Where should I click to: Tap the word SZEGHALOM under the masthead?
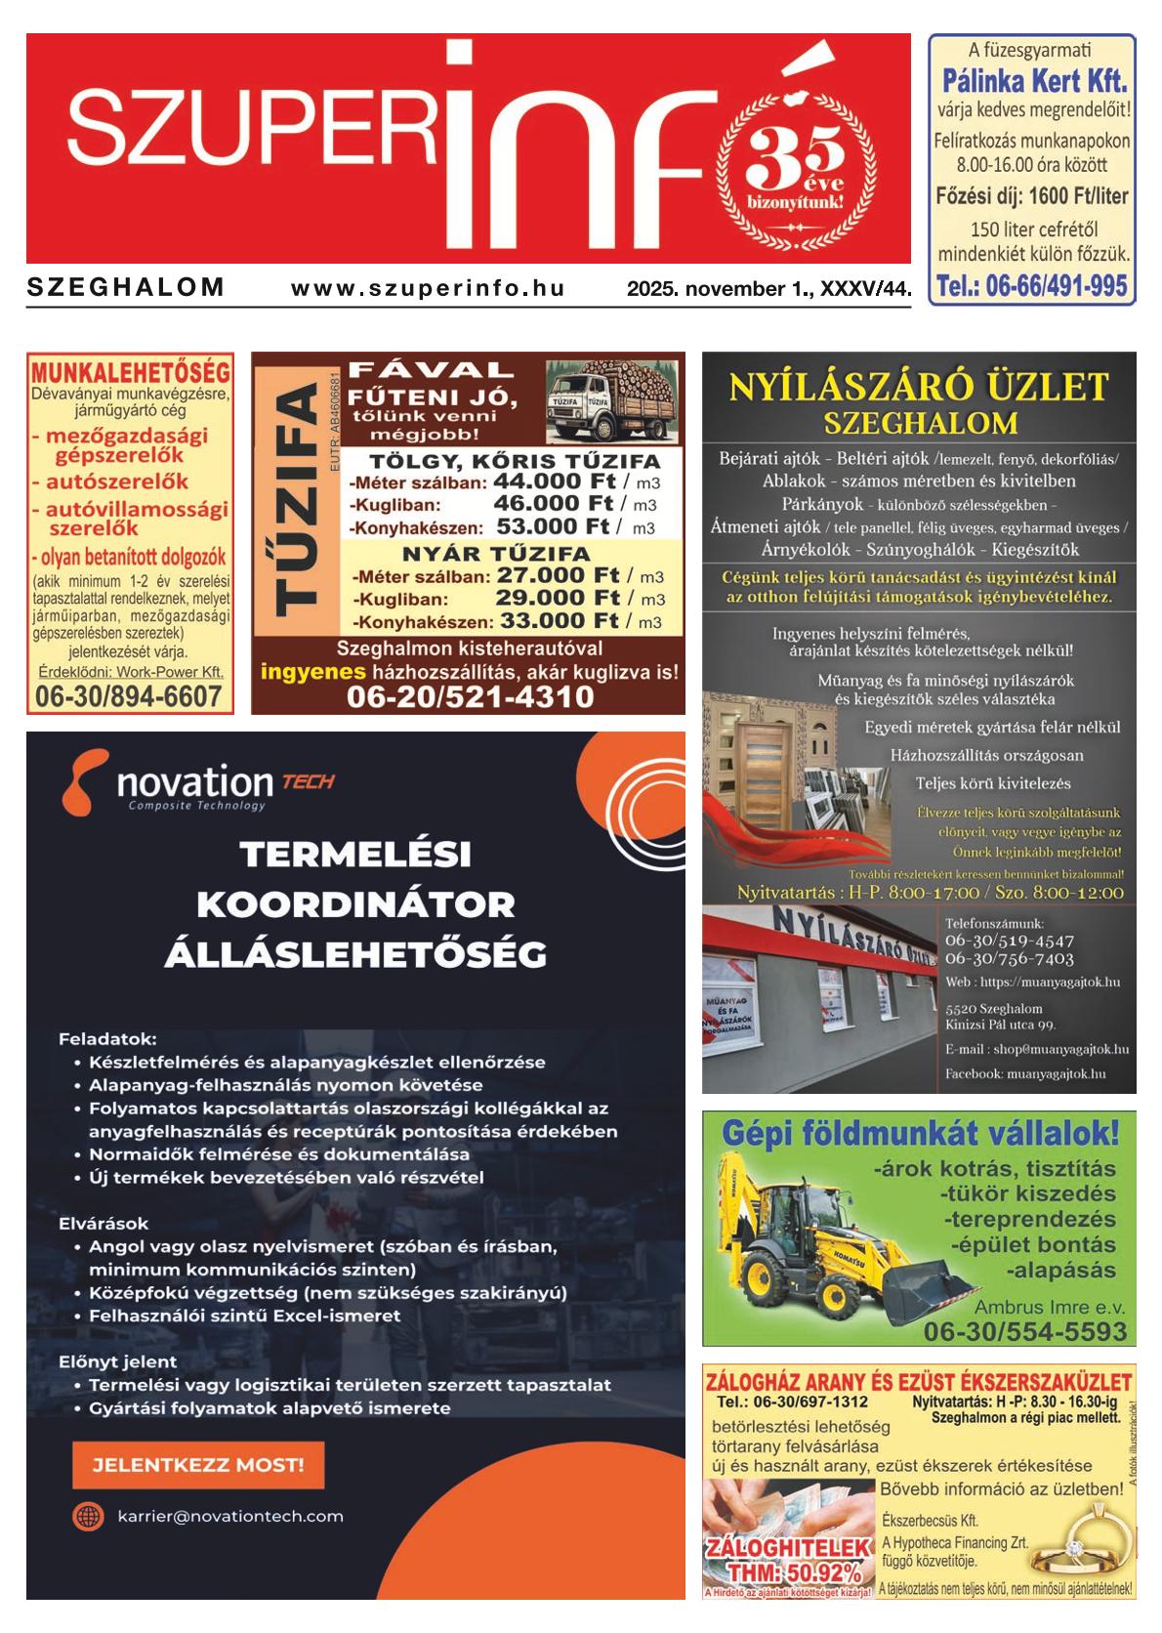click(x=126, y=288)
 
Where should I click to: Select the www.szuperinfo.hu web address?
click(x=428, y=288)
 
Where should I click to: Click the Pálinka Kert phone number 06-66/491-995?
click(x=1031, y=286)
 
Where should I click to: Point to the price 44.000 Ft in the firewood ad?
click(x=554, y=481)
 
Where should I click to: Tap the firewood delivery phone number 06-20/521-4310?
click(x=470, y=697)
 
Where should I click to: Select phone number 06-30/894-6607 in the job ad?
click(x=128, y=696)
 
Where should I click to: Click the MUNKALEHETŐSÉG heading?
click(x=131, y=372)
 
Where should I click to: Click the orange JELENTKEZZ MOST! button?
click(x=198, y=1465)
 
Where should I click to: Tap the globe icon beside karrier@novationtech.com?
click(x=88, y=1516)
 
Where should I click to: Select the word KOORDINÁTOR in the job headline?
click(x=355, y=903)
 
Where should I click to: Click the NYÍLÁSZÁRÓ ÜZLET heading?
click(x=919, y=387)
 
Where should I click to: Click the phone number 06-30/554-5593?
click(x=1024, y=1331)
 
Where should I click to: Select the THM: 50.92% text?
click(x=786, y=1573)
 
